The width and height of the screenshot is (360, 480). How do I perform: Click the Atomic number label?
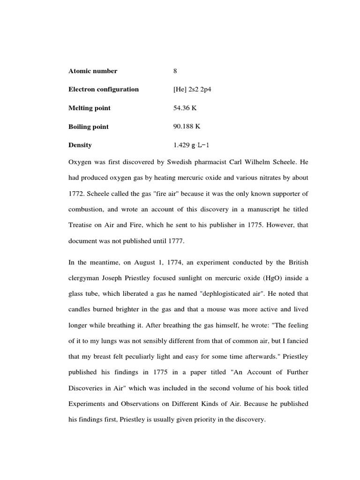pyautogui.click(x=92, y=71)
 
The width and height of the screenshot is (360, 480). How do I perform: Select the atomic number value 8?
pyautogui.click(x=175, y=71)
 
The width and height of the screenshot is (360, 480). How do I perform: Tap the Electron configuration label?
pyautogui.click(x=104, y=90)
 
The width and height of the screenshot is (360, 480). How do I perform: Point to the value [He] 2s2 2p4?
pyautogui.click(x=192, y=90)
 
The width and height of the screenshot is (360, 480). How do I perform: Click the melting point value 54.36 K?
pyautogui.click(x=185, y=108)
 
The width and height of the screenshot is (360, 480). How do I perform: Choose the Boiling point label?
pyautogui.click(x=89, y=127)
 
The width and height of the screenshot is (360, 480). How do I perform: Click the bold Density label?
pyautogui.click(x=80, y=145)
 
